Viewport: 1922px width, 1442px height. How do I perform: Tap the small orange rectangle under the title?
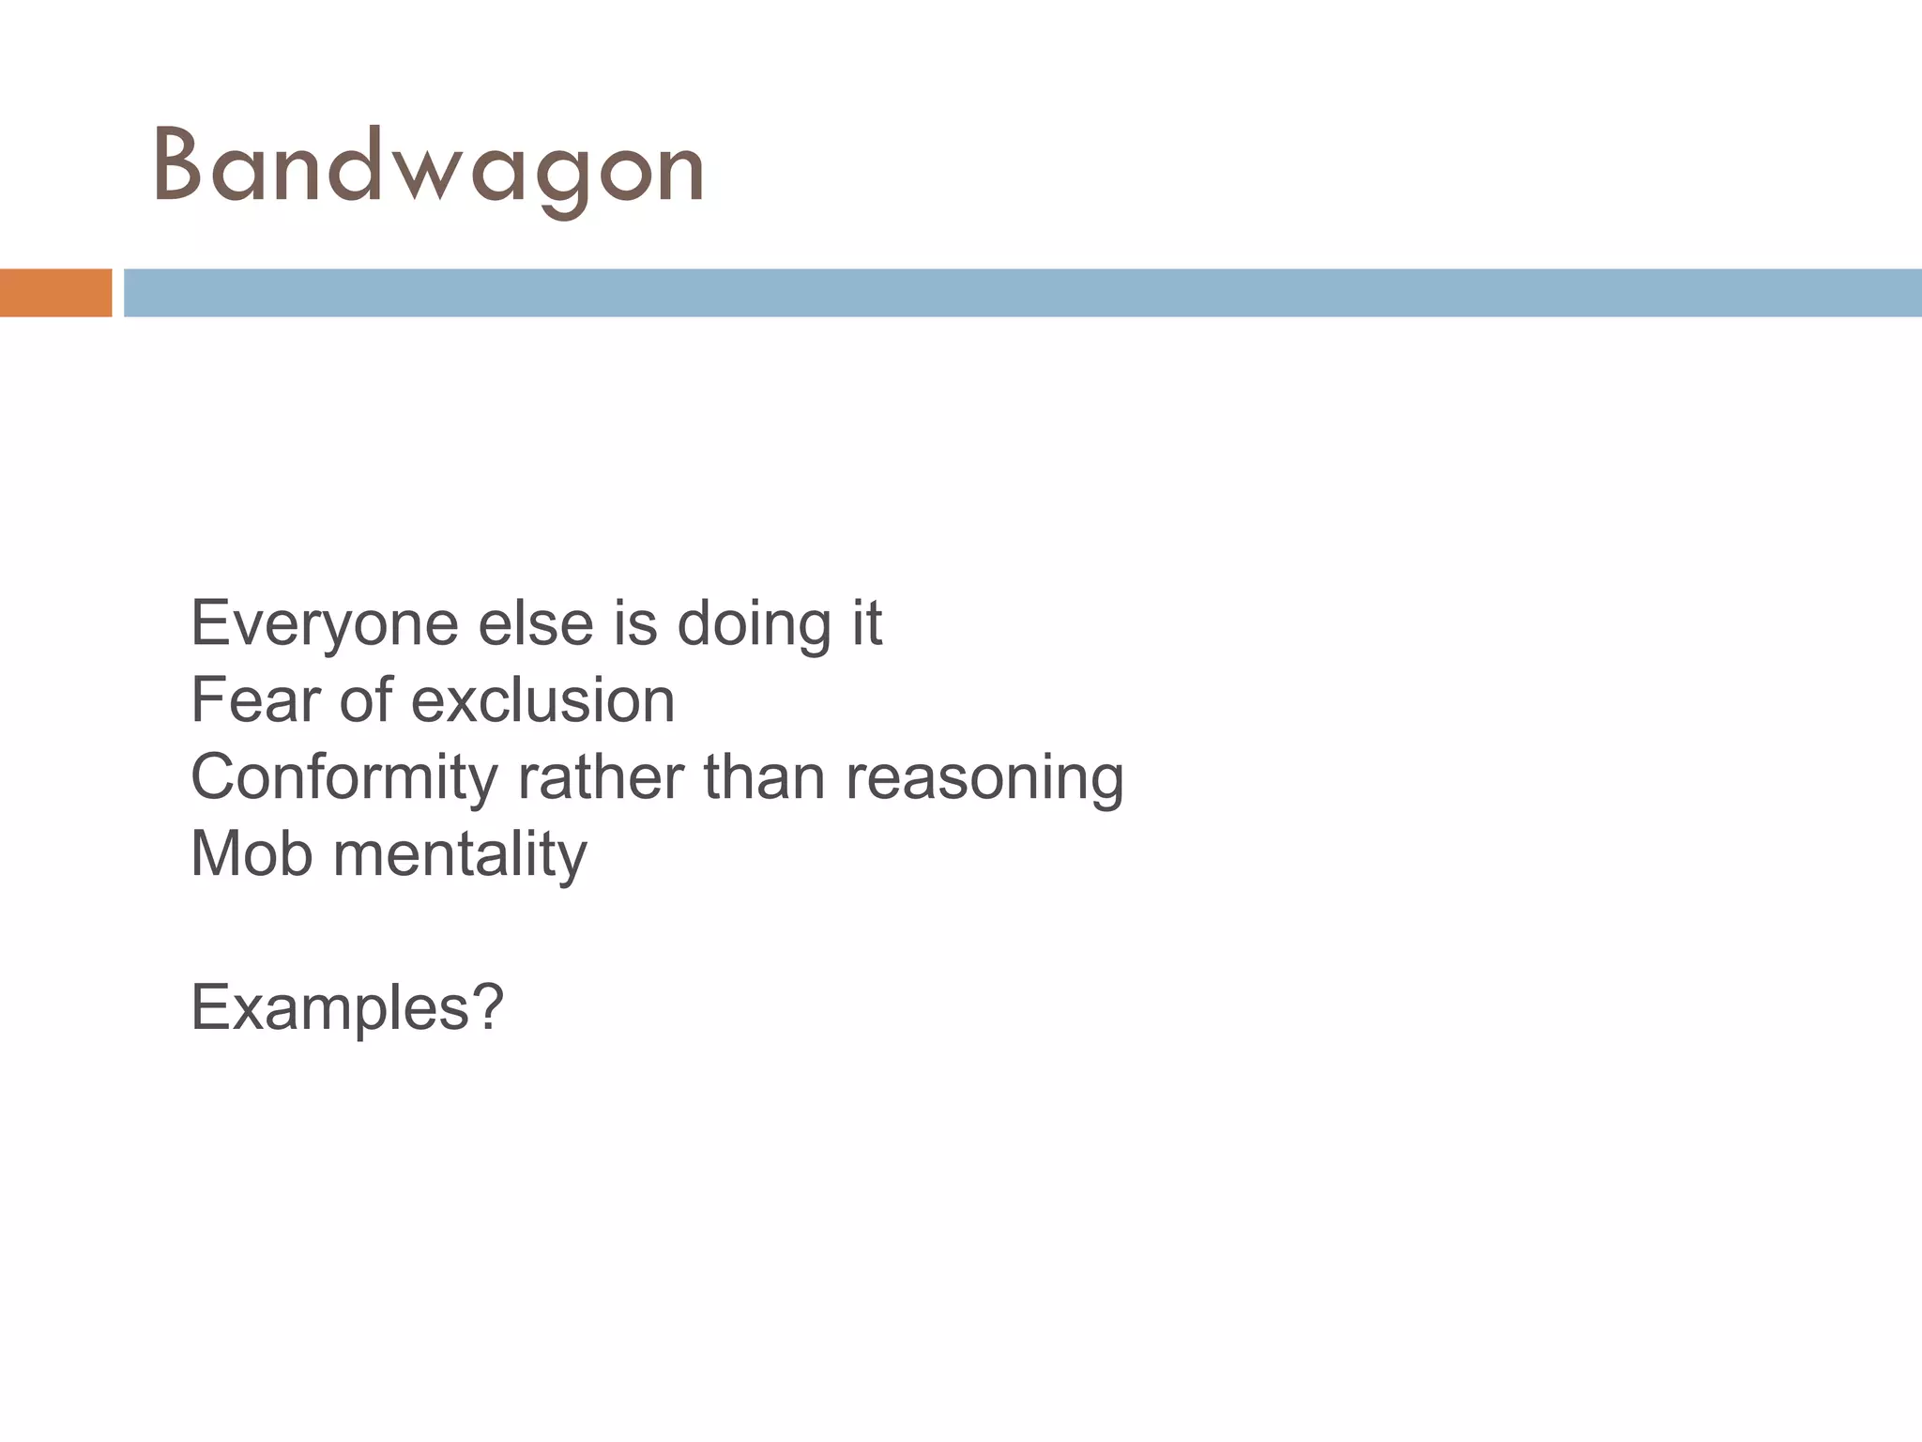pyautogui.click(x=55, y=293)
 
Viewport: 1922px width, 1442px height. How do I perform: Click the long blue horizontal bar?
pyautogui.click(x=1022, y=293)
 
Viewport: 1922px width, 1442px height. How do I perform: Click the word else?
pyautogui.click(x=536, y=624)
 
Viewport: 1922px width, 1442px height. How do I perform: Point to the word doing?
pyautogui.click(x=754, y=624)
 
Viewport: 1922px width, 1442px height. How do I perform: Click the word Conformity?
pyautogui.click(x=344, y=778)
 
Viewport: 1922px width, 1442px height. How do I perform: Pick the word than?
pyautogui.click(x=764, y=778)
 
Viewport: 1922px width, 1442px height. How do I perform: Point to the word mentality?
pyautogui.click(x=460, y=854)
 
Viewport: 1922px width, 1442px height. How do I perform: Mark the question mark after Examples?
pyautogui.click(x=486, y=1006)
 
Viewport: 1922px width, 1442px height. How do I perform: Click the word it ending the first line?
pyautogui.click(x=867, y=624)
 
